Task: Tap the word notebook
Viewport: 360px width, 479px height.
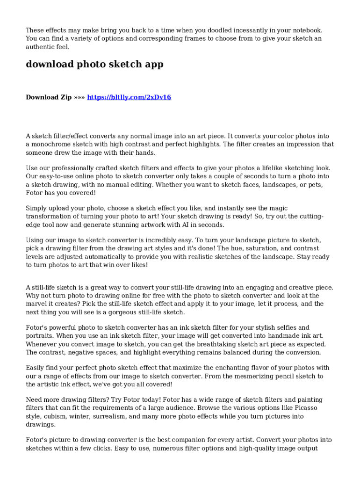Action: point(306,30)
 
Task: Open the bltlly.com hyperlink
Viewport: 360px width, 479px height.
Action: point(129,97)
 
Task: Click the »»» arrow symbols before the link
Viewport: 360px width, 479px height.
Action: point(80,97)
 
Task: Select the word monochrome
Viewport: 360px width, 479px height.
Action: point(53,145)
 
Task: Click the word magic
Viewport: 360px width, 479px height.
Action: point(278,208)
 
